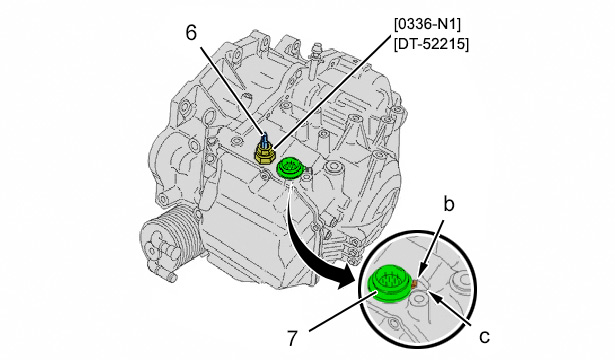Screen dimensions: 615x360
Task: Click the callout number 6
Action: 191,33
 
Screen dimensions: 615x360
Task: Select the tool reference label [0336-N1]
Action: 428,24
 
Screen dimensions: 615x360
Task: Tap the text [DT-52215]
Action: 431,44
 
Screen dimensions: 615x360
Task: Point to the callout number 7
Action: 292,338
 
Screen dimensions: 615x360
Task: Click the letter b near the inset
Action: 449,204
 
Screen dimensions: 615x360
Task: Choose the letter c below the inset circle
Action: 485,337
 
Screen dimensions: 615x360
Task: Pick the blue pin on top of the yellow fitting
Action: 266,138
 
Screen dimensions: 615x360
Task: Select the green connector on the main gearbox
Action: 290,169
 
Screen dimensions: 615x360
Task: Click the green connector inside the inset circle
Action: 389,284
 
